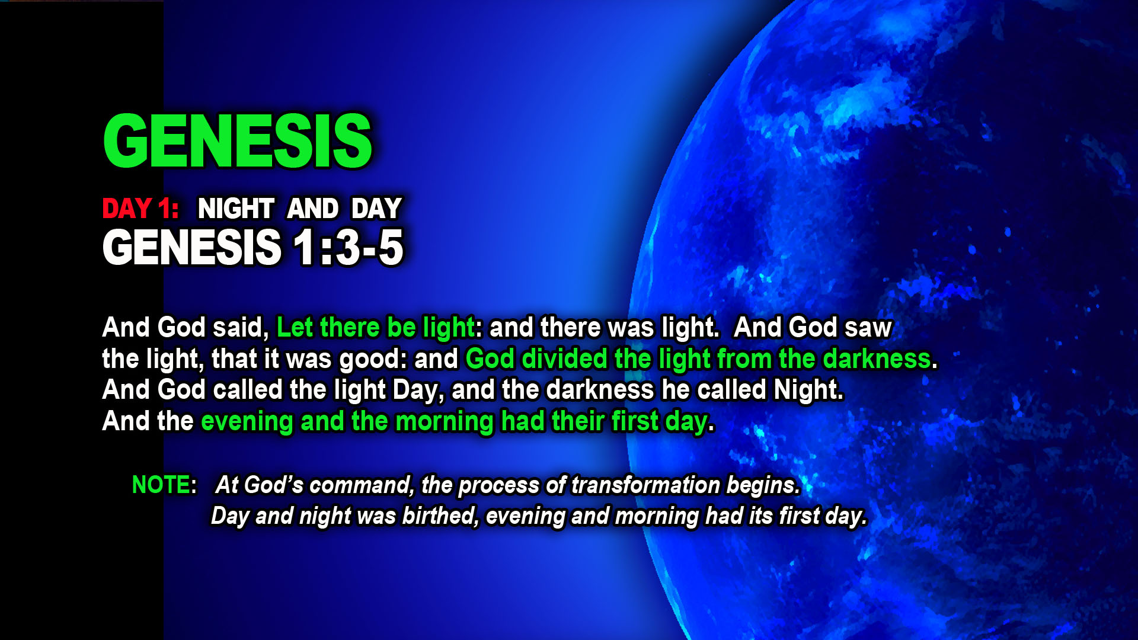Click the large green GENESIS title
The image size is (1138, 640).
pyautogui.click(x=238, y=141)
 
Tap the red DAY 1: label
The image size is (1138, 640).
pyautogui.click(x=140, y=209)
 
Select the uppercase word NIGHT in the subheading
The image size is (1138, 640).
pyautogui.click(x=236, y=209)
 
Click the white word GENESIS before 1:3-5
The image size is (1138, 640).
pyautogui.click(x=192, y=247)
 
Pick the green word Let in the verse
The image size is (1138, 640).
pyautogui.click(x=295, y=327)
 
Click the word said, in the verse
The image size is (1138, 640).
pyautogui.click(x=241, y=328)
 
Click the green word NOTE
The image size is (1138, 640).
pyautogui.click(x=161, y=485)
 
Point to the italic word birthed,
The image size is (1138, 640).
pyautogui.click(x=440, y=516)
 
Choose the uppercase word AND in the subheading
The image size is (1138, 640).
pyautogui.click(x=313, y=209)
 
